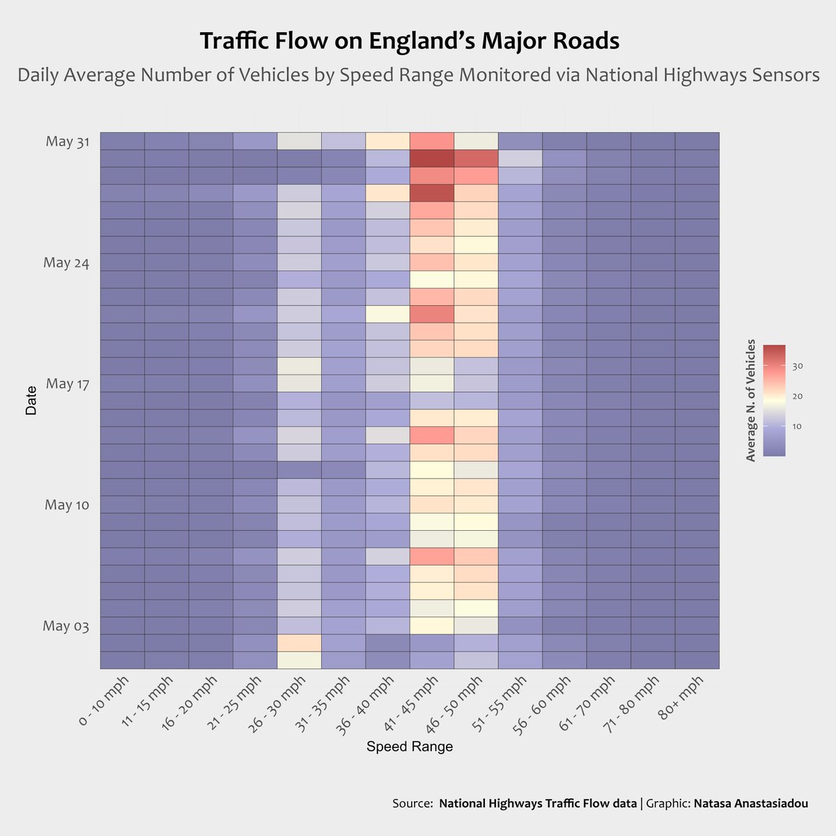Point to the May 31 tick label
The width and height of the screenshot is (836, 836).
coord(68,141)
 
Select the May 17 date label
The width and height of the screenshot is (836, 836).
coord(68,384)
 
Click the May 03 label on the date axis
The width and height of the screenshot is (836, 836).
coord(65,626)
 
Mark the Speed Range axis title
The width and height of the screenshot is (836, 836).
coord(410,747)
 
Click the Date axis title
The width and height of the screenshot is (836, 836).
coord(31,401)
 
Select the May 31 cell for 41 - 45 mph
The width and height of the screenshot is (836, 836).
coord(432,141)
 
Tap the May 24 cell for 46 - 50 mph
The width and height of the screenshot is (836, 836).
coord(476,262)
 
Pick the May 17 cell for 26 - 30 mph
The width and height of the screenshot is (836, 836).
coord(299,383)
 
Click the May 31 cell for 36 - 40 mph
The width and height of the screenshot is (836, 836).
coord(387,141)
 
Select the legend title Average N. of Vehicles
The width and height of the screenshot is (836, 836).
coord(750,401)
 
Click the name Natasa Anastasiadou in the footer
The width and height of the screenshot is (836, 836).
coord(751,803)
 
